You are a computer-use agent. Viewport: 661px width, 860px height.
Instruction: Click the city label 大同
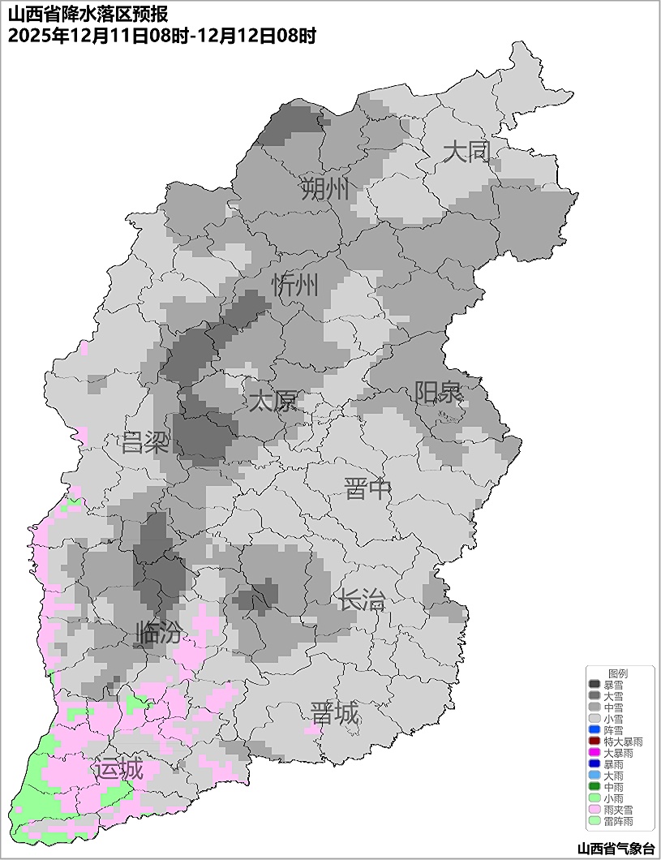[466, 152]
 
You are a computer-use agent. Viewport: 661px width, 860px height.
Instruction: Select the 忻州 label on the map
[295, 286]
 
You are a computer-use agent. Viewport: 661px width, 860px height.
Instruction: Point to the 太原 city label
[273, 401]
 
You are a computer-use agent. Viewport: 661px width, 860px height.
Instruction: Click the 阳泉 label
[438, 393]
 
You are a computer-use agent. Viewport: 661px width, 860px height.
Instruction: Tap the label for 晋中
[367, 489]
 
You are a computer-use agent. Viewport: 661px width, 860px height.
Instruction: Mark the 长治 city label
[362, 600]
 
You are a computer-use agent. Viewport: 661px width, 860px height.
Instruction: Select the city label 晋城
[334, 714]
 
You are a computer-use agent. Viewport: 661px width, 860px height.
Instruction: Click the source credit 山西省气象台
[615, 848]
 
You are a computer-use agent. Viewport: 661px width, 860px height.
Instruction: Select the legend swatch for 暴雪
[594, 685]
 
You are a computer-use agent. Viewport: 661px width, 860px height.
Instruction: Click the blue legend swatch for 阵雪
[594, 730]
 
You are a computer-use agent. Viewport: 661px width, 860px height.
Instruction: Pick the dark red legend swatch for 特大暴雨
[594, 742]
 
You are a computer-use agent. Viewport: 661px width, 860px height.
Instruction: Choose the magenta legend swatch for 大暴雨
[594, 753]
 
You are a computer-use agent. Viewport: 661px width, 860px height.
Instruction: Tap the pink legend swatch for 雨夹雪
[594, 810]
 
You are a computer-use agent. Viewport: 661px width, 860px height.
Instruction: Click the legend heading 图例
[618, 673]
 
